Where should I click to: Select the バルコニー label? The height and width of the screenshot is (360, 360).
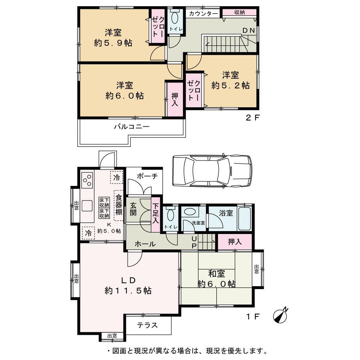tap(132, 127)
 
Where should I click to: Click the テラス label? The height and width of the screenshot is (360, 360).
tap(147, 325)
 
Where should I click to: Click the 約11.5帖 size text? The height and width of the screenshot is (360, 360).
tap(128, 290)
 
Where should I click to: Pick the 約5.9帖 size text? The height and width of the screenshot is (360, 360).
tap(113, 43)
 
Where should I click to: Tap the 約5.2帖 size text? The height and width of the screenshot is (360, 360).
tap(230, 86)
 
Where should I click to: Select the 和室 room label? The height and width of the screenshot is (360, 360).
tap(216, 273)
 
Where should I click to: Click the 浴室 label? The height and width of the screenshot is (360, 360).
tap(226, 213)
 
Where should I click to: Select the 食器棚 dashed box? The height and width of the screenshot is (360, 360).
tap(118, 206)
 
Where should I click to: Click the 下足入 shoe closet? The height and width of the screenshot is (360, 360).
tap(156, 213)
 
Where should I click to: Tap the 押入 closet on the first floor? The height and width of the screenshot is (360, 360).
tap(234, 242)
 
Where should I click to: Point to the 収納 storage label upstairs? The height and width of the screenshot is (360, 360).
tap(239, 12)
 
